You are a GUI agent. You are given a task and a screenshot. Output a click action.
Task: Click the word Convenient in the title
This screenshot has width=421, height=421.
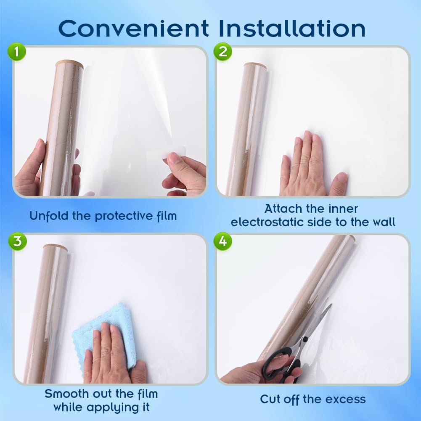[133, 28]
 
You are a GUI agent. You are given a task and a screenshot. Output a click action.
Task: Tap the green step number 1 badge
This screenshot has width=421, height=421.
[17, 53]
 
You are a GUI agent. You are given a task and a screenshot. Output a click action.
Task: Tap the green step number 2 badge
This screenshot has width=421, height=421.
[222, 52]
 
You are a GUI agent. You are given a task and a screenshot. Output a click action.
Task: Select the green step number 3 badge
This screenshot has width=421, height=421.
[17, 241]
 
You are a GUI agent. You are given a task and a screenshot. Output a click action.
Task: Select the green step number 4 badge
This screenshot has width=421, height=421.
[222, 241]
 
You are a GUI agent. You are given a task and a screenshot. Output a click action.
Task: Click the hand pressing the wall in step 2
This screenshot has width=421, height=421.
[309, 168]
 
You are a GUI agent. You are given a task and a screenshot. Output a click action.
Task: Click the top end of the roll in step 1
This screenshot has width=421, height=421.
[69, 64]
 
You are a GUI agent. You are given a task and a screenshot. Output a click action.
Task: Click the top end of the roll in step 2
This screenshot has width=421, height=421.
[255, 66]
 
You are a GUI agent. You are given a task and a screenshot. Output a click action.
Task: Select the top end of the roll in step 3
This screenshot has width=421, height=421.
[55, 247]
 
